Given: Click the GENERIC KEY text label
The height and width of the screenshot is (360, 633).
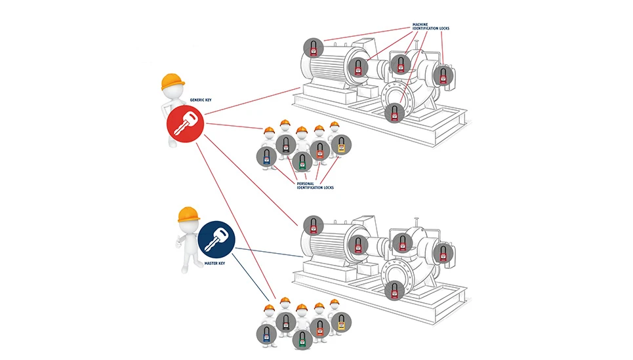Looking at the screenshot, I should (x=201, y=100).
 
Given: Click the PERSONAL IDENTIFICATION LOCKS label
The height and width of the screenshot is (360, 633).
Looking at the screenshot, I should (x=315, y=186).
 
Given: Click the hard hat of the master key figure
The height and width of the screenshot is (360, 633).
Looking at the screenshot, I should (x=189, y=214).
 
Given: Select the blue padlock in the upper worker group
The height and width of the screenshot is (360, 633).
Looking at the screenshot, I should (x=266, y=157).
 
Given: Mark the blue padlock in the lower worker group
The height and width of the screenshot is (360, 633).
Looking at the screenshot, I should (x=266, y=334).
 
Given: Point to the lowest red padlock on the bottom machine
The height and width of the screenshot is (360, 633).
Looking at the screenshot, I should (x=394, y=290).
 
